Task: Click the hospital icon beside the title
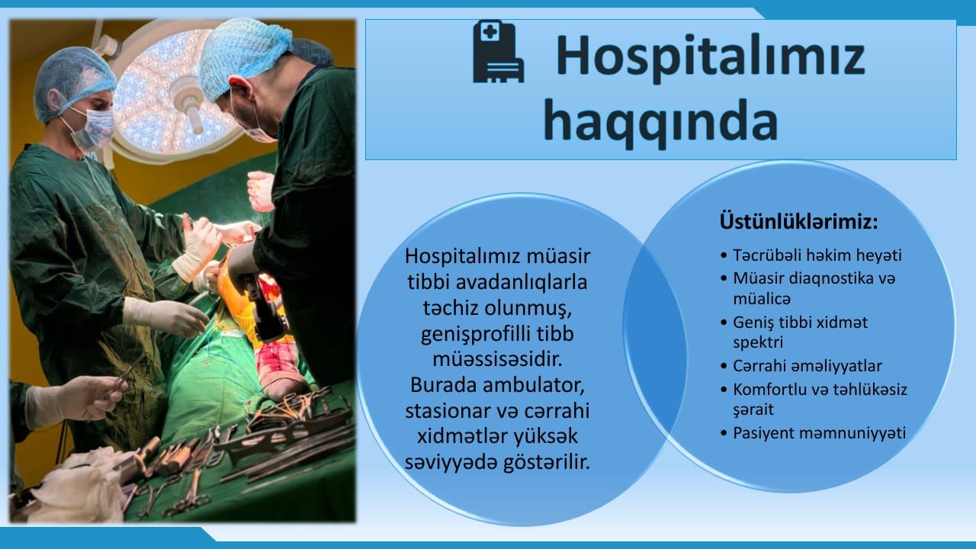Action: click(499, 51)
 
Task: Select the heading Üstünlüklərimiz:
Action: click(798, 221)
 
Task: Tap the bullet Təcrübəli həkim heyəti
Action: click(811, 255)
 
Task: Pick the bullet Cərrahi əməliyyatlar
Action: click(801, 366)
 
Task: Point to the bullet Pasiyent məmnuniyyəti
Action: click(814, 433)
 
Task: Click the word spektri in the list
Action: click(758, 343)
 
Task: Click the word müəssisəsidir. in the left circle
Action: click(497, 359)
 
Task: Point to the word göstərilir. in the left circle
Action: click(547, 462)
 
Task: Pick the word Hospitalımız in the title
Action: click(710, 57)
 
